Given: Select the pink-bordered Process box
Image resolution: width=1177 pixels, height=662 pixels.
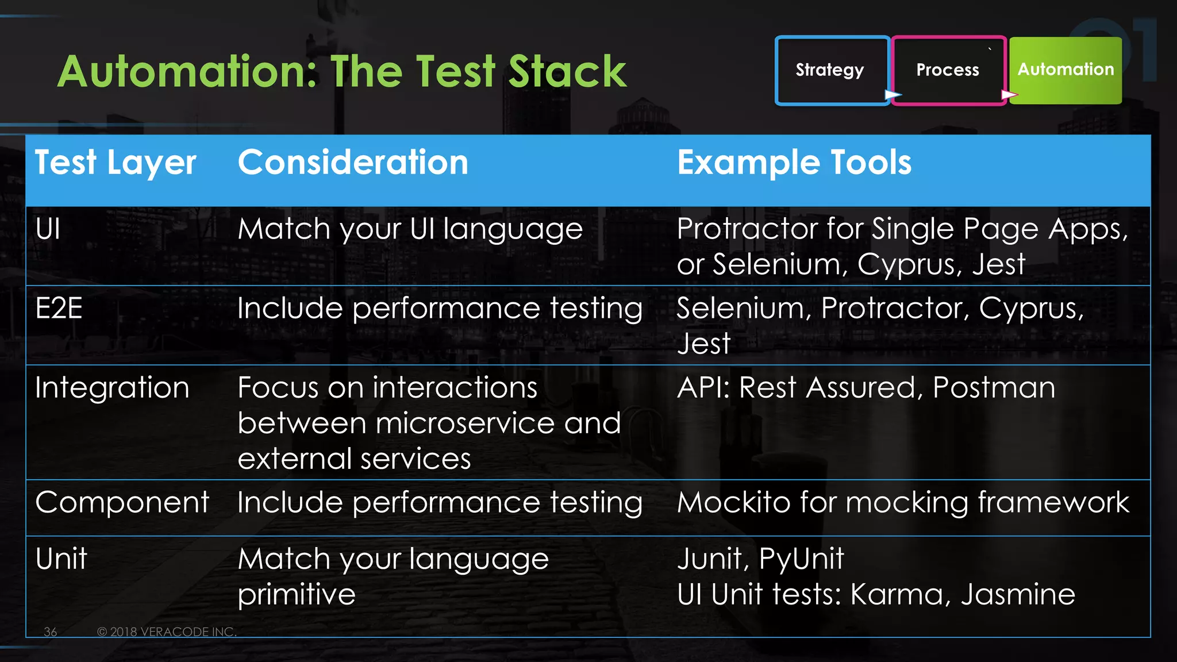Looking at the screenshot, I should pos(948,70).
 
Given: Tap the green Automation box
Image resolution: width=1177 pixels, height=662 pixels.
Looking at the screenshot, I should pos(1066,70).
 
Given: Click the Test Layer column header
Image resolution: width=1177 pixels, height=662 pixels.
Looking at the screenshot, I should pos(116,163).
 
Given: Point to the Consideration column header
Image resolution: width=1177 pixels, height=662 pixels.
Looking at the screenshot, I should pos(353,163).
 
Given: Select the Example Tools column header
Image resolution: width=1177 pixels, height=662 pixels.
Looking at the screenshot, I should pos(794,163).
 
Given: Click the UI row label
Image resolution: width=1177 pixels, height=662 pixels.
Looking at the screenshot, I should pos(48,229).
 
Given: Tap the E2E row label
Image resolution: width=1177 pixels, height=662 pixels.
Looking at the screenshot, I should pos(59,309).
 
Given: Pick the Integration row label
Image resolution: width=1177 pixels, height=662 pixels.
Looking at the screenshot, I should pos(112,388).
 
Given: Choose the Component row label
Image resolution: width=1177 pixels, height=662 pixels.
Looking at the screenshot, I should pos(122,503).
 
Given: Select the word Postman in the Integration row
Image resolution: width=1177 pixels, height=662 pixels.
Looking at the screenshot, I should pos(994,388).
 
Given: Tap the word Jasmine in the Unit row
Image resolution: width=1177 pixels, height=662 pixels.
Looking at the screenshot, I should pos(1017,595).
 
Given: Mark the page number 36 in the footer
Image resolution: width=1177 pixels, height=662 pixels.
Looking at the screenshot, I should pos(51,632).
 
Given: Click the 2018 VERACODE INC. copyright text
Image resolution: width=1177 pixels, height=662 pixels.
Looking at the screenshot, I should pos(167,632).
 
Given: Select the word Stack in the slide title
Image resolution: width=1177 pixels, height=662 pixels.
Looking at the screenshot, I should pos(567,72).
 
